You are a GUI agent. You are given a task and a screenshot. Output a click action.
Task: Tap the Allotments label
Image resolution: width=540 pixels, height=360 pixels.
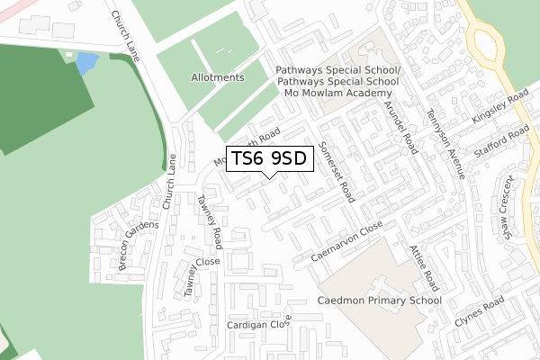pos(218,77)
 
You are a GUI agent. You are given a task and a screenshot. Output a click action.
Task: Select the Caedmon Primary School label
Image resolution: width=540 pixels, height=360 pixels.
pos(380,301)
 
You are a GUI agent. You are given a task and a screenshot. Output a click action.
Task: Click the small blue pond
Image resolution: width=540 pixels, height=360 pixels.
pos(86,63)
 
